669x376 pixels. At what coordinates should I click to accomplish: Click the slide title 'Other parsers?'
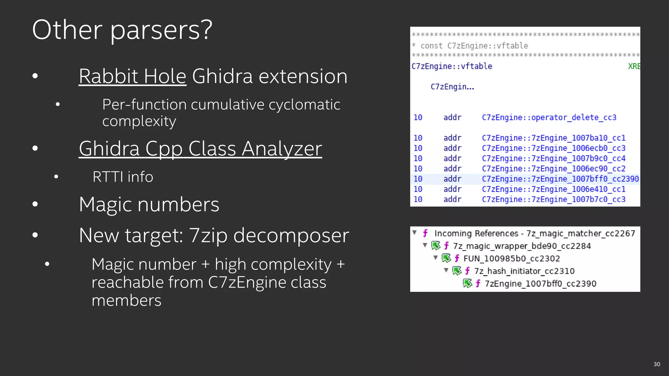[x=122, y=30]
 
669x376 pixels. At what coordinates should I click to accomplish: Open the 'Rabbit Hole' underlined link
[x=132, y=76]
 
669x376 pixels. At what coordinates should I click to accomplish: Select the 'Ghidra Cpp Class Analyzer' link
[x=200, y=149]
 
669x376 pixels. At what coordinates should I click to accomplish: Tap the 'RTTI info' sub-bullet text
[x=123, y=177]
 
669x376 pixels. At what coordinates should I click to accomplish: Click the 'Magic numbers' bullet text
[x=149, y=205]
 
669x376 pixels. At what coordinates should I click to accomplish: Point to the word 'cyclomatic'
[x=304, y=105]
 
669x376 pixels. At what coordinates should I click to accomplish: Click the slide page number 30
[x=657, y=364]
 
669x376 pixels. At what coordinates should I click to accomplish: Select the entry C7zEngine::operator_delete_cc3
[x=549, y=117]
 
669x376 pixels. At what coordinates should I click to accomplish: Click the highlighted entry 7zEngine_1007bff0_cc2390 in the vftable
[x=560, y=179]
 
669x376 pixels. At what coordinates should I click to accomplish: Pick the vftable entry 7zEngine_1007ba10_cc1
[x=553, y=138]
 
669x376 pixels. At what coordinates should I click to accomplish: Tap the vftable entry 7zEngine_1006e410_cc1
[x=553, y=189]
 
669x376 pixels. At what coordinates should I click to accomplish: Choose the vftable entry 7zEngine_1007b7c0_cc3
[x=553, y=199]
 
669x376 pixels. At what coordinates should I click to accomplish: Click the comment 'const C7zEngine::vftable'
[x=474, y=46]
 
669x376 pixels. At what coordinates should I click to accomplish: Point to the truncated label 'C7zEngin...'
[x=452, y=87]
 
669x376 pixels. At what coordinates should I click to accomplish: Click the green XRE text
[x=634, y=66]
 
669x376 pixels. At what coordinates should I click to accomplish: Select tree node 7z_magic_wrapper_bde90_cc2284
[x=522, y=246]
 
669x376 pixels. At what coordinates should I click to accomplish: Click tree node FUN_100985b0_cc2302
[x=512, y=259]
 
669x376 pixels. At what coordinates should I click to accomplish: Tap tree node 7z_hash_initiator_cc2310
[x=524, y=271]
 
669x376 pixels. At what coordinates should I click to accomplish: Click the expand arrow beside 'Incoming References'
[x=415, y=233]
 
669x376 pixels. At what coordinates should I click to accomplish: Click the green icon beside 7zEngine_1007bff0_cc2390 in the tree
[x=467, y=283]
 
